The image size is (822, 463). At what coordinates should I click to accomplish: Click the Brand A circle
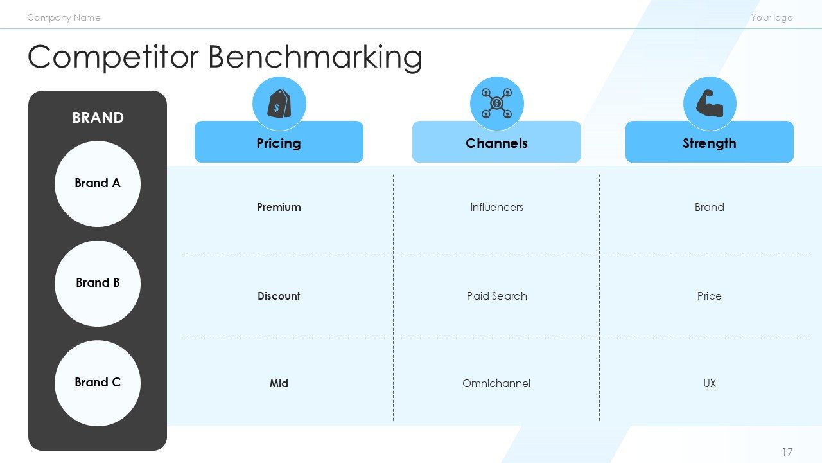tap(98, 184)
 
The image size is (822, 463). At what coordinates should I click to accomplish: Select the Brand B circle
tap(98, 284)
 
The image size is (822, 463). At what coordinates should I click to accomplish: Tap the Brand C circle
tap(98, 383)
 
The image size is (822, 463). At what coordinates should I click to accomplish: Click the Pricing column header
tap(279, 143)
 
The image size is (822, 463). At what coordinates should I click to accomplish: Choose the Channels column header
tap(496, 143)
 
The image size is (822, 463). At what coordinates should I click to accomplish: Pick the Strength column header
tap(709, 143)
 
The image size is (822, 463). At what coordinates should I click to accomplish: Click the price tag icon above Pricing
tap(279, 104)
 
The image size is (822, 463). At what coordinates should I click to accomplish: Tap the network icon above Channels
tap(496, 104)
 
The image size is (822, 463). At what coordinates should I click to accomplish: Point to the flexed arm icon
tap(709, 104)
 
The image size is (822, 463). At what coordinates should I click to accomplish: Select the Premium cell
tap(279, 207)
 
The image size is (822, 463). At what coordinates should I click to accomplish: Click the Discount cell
tap(279, 296)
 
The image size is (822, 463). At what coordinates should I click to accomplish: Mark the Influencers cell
tap(496, 207)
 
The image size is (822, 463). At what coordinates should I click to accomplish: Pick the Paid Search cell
tap(496, 296)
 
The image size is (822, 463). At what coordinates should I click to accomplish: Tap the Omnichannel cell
tap(496, 383)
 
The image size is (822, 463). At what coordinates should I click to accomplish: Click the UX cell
tap(709, 383)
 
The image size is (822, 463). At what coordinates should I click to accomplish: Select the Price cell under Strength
tap(709, 296)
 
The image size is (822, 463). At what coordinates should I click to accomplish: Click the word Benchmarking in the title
tap(315, 57)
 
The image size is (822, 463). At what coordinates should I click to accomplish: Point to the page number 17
tap(787, 452)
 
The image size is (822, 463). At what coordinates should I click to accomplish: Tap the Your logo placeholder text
tap(772, 17)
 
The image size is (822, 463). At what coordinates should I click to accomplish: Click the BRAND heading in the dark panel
tap(98, 118)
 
